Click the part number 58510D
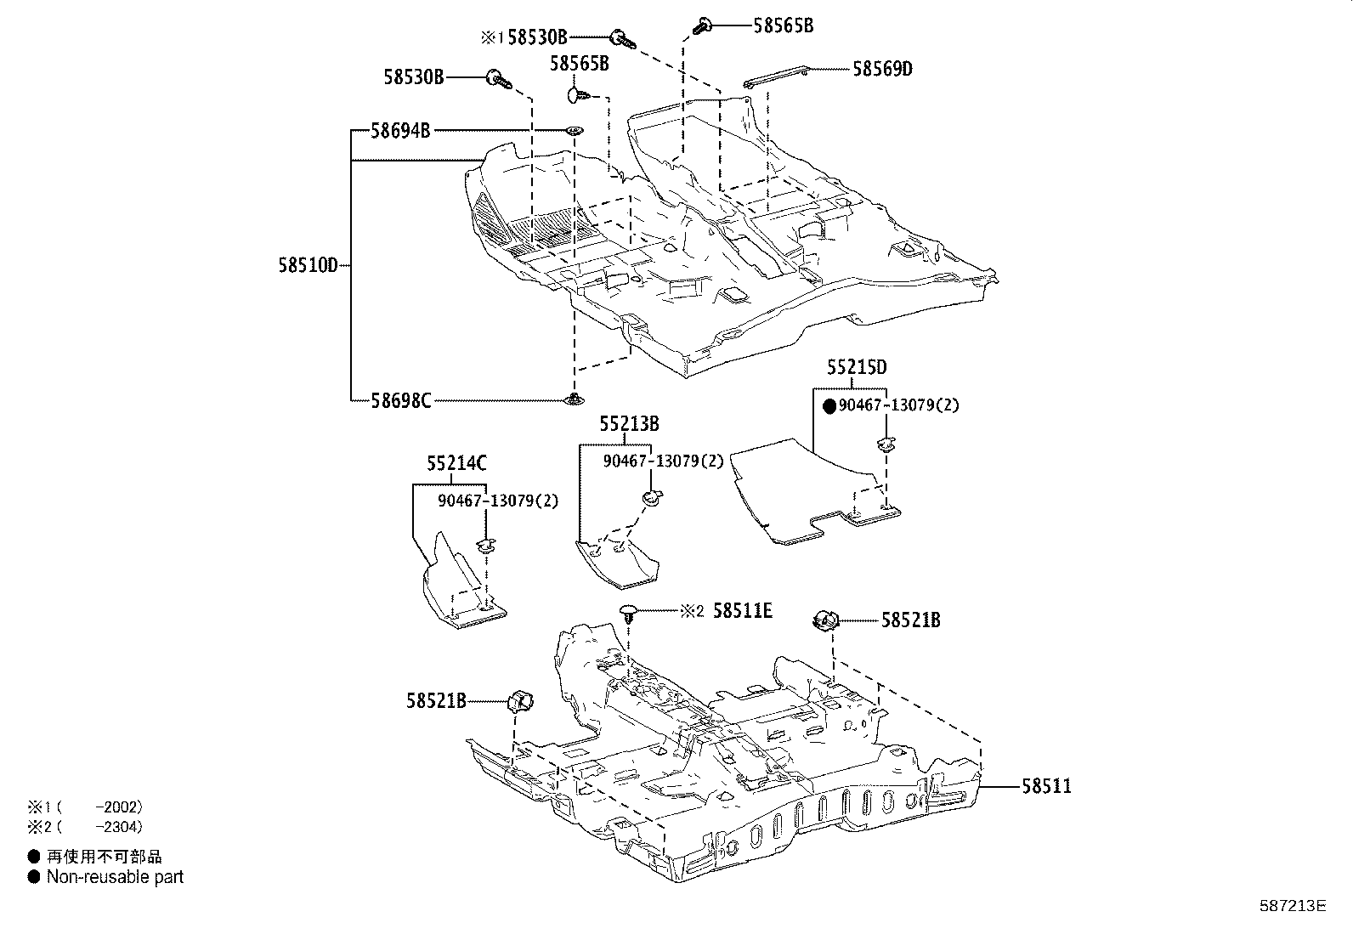(308, 265)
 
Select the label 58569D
(882, 70)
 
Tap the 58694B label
(400, 131)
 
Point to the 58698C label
(401, 400)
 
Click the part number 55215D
(857, 367)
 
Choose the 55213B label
(630, 424)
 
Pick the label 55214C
(456, 463)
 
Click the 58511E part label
(742, 611)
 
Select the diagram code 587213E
(1293, 906)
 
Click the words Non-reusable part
(115, 876)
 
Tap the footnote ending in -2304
(85, 826)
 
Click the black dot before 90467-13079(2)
(830, 406)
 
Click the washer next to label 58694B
(575, 131)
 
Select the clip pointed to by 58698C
(574, 399)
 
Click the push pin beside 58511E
(630, 614)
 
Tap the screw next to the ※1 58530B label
(623, 39)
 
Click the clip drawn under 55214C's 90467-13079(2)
(486, 546)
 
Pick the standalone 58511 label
(1047, 786)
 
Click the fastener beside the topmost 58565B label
(703, 26)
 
